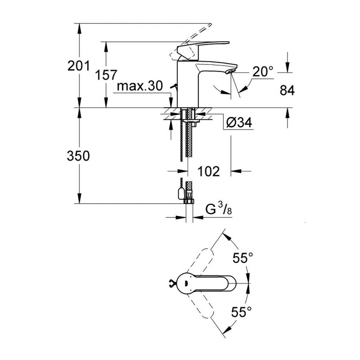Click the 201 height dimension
tap(78, 66)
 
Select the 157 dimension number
tap(106, 75)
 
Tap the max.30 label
tap(140, 86)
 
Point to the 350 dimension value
tap(78, 156)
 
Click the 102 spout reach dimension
tap(208, 171)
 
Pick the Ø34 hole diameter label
tap(239, 122)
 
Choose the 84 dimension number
tap(287, 90)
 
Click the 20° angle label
tap(263, 72)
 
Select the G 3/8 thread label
tap(219, 210)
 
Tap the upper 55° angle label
tap(243, 257)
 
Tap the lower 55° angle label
tap(241, 311)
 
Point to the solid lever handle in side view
tap(202, 48)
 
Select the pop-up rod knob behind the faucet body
tap(174, 87)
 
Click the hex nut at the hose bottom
tap(189, 201)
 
